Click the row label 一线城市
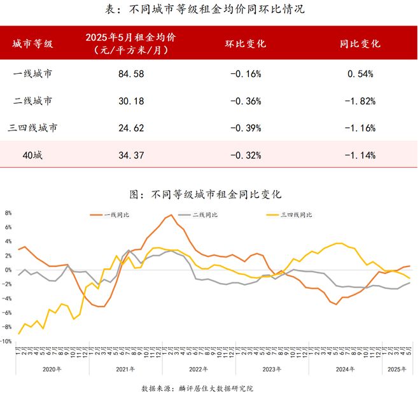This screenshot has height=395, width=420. tap(32, 74)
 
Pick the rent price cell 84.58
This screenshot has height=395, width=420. tap(131, 74)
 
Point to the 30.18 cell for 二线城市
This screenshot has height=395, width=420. tap(131, 100)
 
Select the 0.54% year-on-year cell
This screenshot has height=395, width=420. tap(360, 74)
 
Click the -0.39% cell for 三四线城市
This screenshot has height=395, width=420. tap(246, 128)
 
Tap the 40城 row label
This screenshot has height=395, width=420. tap(32, 155)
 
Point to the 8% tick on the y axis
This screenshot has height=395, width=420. tap(8, 213)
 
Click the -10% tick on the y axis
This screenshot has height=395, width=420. tap(7, 342)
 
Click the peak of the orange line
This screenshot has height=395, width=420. tap(171, 215)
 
